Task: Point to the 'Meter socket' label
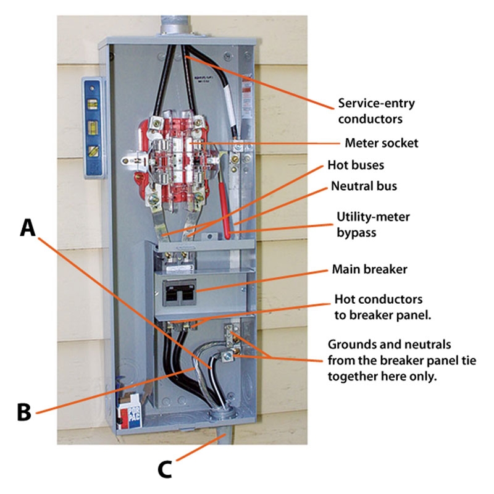coord(382,143)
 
